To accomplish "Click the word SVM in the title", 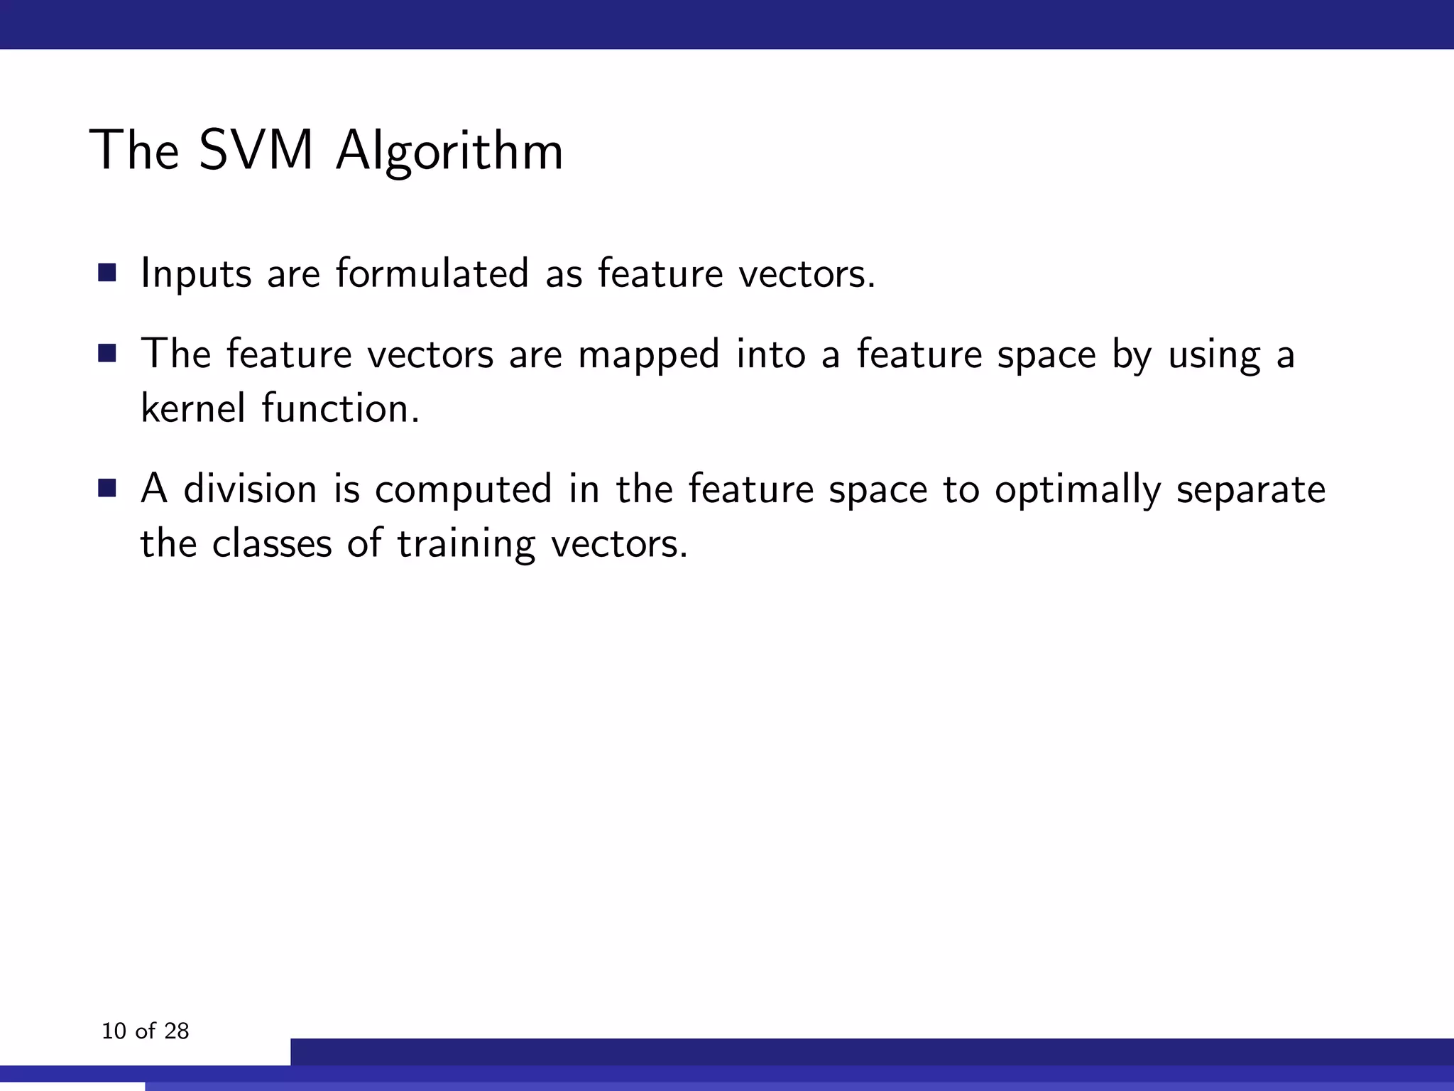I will pyautogui.click(x=256, y=151).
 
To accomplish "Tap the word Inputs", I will pyautogui.click(x=196, y=274).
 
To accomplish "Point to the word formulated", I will pyautogui.click(x=432, y=273).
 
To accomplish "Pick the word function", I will pyautogui.click(x=340, y=408).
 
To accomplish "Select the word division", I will pyautogui.click(x=250, y=489).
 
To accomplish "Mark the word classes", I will pyautogui.click(x=272, y=544).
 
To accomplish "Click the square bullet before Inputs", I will pyautogui.click(x=107, y=273).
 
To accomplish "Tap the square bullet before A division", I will pyautogui.click(x=107, y=489).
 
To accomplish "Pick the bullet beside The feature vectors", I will pyautogui.click(x=107, y=353).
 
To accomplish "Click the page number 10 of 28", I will pyautogui.click(x=146, y=1031).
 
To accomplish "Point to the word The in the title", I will pyautogui.click(x=134, y=151).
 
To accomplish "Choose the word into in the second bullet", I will pyautogui.click(x=770, y=354).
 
